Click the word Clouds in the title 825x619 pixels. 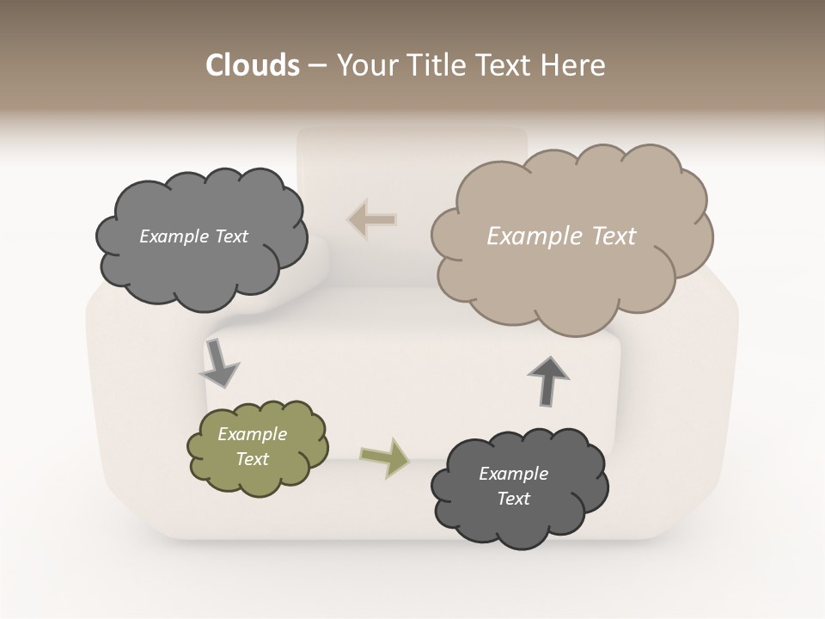click(x=252, y=65)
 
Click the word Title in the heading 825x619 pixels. click(x=434, y=65)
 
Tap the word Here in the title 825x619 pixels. click(x=575, y=65)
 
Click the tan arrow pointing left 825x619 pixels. click(x=372, y=219)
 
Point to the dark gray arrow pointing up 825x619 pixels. click(x=548, y=380)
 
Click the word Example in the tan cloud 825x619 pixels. click(x=529, y=236)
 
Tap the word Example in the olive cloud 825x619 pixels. click(x=253, y=434)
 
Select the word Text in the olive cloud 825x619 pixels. click(x=253, y=459)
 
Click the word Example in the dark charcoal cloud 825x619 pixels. click(x=513, y=474)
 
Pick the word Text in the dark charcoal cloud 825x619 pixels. click(x=513, y=499)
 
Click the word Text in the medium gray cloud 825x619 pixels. click(x=229, y=236)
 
